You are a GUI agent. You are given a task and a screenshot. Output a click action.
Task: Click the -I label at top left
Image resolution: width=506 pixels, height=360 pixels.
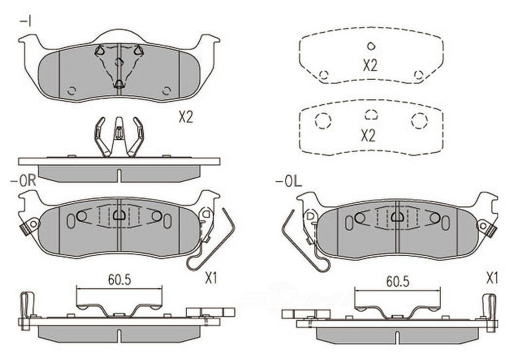25,22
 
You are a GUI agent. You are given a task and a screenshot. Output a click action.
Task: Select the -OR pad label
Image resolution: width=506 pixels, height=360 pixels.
23,180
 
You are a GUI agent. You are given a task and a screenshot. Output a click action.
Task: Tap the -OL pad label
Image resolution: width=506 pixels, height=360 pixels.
289,182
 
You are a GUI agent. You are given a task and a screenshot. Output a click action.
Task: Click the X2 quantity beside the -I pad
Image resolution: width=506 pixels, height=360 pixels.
186,117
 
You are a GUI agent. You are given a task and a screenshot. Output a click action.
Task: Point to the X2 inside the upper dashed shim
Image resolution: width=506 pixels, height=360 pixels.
370,66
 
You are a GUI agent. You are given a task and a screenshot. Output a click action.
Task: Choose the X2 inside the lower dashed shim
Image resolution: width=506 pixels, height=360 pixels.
368,136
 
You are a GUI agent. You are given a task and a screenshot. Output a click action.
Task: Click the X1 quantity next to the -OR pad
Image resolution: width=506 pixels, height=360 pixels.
211,278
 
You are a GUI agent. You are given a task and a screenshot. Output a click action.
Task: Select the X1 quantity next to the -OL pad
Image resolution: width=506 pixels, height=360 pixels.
492,278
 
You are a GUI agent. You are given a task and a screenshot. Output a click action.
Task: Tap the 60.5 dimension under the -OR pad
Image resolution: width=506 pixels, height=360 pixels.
119,280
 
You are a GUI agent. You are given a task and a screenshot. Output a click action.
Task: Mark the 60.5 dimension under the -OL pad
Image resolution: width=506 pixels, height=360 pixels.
398,282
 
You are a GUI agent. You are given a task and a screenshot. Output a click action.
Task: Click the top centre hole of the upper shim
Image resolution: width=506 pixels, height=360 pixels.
371,46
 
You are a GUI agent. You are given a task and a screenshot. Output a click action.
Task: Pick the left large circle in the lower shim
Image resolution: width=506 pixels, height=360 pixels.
323,121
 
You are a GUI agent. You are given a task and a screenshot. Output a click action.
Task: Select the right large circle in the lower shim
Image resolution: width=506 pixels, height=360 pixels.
419,121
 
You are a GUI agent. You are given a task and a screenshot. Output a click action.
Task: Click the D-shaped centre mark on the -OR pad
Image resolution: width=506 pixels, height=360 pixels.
119,215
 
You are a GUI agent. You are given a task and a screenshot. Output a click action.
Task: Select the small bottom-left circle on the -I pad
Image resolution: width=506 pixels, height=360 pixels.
72,90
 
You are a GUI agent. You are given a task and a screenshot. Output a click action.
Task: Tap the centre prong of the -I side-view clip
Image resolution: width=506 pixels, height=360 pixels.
119,132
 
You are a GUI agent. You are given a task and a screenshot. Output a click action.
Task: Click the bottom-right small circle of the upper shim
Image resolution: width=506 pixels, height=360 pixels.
418,75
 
